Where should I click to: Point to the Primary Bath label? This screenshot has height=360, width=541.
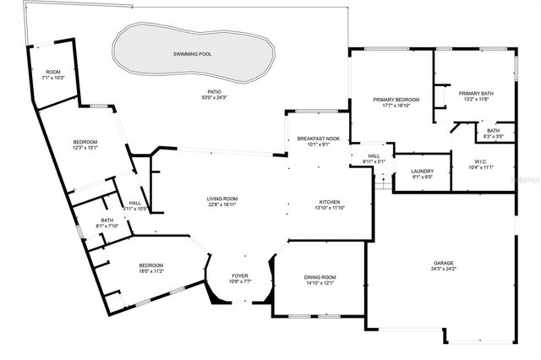pyautogui.click(x=475, y=93)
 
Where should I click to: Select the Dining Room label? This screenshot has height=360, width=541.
pyautogui.click(x=320, y=277)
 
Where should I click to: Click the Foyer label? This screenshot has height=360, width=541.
pyautogui.click(x=239, y=275)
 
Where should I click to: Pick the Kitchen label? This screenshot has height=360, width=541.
pyautogui.click(x=329, y=202)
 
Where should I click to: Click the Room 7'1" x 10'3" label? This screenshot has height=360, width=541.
pyautogui.click(x=52, y=72)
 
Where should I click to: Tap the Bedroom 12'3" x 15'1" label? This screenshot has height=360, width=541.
pyautogui.click(x=85, y=141)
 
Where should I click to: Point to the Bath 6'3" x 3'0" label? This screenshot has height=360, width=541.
pyautogui.click(x=493, y=130)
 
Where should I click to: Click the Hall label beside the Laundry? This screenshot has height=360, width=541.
pyautogui.click(x=374, y=155)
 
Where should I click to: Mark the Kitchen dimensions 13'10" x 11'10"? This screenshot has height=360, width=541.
pyautogui.click(x=329, y=208)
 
